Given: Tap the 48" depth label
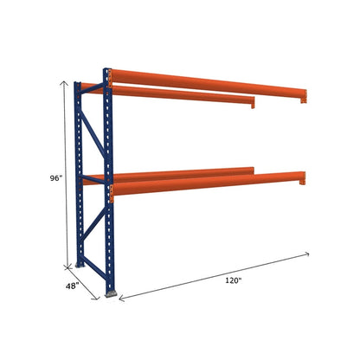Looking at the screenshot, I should tap(72, 285).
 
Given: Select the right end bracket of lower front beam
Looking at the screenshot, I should tap(305, 181).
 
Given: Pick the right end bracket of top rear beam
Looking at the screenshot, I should tap(253, 105).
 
